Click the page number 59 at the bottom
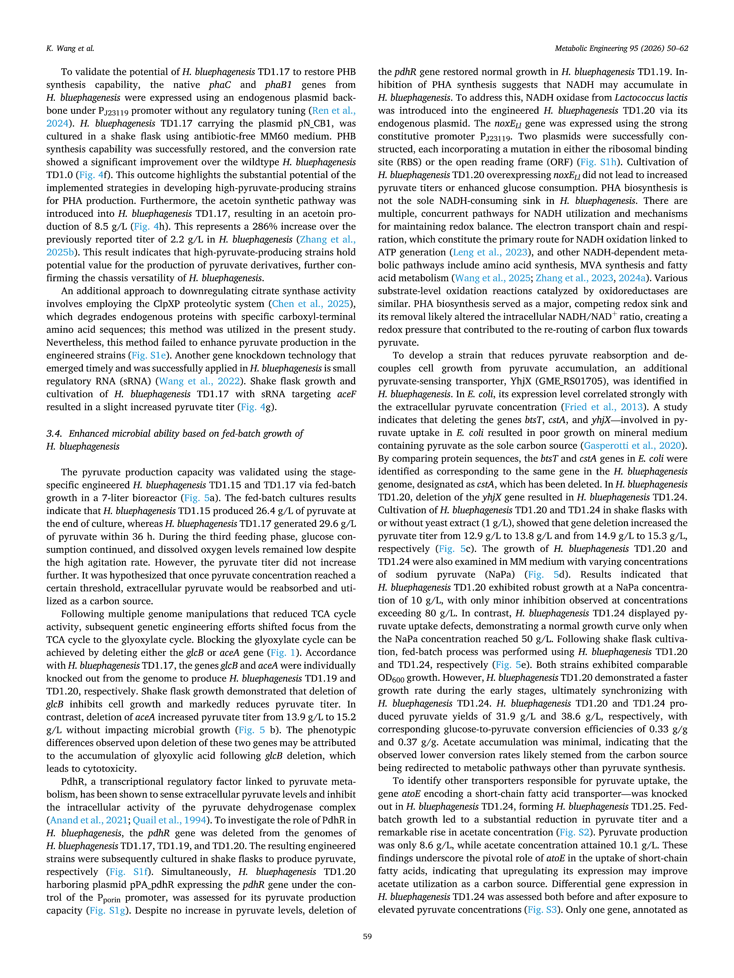367,936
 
